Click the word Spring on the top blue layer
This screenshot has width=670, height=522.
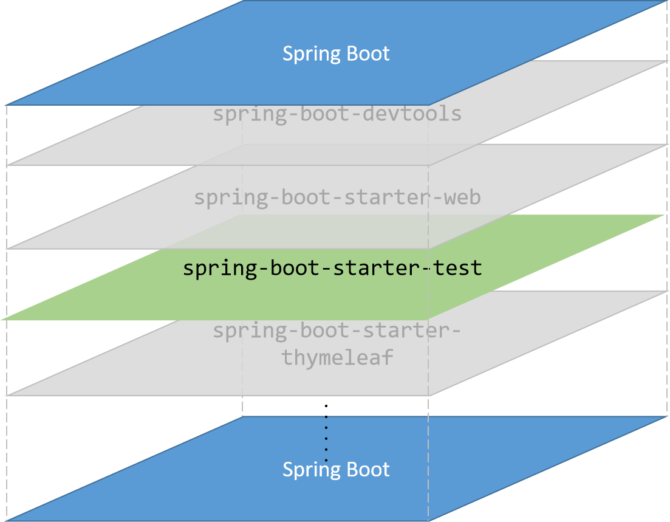[x=312, y=54]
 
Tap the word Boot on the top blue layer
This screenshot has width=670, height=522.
[x=368, y=53]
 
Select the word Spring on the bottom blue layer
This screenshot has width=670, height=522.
[x=312, y=470]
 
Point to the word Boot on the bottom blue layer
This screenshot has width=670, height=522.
[x=368, y=469]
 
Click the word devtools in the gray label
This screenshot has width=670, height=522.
[x=412, y=114]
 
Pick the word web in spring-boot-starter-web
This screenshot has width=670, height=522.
[x=462, y=197]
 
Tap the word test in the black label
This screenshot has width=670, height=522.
[x=457, y=268]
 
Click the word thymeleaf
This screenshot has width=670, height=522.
[x=337, y=357]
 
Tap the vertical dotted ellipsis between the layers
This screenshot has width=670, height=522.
[x=326, y=433]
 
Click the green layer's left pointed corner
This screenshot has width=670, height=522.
[x=2, y=320]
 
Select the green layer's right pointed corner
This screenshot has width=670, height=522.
[x=663, y=215]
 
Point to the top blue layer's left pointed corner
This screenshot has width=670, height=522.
[x=5, y=105]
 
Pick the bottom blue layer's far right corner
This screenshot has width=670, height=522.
[x=666, y=416]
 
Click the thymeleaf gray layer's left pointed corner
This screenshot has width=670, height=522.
[x=7, y=396]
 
